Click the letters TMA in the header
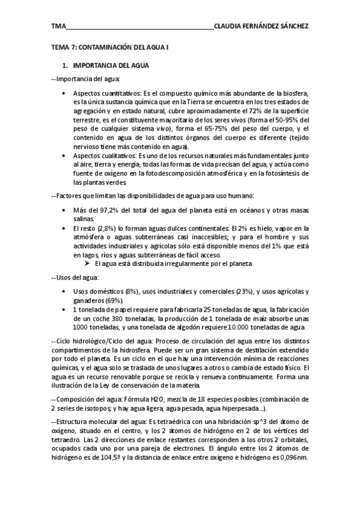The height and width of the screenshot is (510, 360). [58, 27]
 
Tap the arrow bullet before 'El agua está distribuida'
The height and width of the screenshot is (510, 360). [88, 263]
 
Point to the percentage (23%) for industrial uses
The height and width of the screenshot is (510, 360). [240, 291]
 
